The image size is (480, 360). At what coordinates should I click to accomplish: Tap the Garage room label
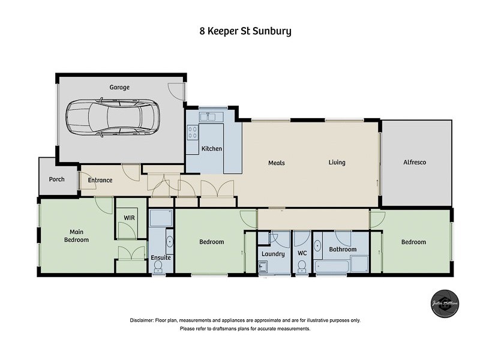[119, 88]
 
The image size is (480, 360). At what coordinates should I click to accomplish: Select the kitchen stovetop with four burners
[193, 131]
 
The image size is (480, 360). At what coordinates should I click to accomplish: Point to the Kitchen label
[212, 149]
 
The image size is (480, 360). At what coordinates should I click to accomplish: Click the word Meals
[276, 163]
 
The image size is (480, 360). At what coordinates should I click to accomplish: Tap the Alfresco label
[414, 163]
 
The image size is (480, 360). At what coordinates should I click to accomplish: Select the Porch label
[57, 179]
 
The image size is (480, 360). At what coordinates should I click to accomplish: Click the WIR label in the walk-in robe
[128, 217]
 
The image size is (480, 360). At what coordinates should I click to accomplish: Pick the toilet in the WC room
[302, 266]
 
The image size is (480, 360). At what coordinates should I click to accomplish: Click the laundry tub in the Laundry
[263, 268]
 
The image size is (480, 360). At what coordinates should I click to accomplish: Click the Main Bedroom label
[76, 236]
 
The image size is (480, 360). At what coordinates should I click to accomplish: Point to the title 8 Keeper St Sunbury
[245, 31]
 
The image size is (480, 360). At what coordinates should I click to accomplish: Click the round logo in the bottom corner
[445, 304]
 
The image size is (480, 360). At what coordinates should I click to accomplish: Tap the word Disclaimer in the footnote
[142, 320]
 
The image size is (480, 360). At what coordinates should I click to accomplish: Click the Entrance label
[100, 180]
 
